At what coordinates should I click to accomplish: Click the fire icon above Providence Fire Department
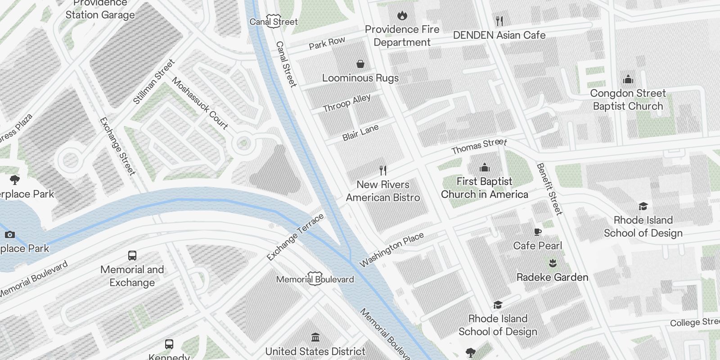[x=402, y=16]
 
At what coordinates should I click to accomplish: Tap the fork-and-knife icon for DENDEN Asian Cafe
[x=499, y=21]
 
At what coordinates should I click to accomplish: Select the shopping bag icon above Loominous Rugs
[x=360, y=64]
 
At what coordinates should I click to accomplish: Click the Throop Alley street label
[x=347, y=103]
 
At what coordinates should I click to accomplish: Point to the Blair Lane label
[x=360, y=133]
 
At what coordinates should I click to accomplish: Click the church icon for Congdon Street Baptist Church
[x=628, y=80]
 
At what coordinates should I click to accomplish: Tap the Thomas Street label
[x=479, y=146]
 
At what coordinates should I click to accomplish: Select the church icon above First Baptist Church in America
[x=484, y=168]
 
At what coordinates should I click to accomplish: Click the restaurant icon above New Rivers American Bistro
[x=382, y=171]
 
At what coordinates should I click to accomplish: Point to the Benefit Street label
[x=549, y=189]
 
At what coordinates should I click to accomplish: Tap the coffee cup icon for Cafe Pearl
[x=537, y=232]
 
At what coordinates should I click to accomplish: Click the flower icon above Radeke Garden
[x=553, y=263]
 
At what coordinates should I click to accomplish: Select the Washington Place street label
[x=391, y=249]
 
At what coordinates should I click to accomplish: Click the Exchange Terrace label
[x=295, y=237]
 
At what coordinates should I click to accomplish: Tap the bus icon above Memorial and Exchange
[x=132, y=256]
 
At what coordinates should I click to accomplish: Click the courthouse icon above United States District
[x=315, y=337]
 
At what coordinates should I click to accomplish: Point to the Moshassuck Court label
[x=200, y=103]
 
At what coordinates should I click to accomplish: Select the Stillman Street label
[x=153, y=82]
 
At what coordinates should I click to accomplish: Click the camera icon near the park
[x=10, y=234]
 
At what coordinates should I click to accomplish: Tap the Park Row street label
[x=327, y=43]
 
